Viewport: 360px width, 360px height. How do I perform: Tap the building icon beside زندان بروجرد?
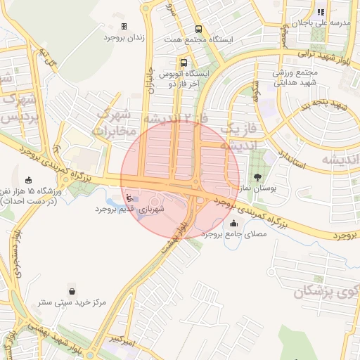pos(124,26)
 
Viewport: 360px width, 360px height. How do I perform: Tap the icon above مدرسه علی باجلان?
pos(321,12)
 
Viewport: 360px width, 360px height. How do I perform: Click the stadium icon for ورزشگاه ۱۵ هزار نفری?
pos(28,180)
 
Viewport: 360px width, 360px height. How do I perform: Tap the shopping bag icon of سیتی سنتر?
pos(72,291)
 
